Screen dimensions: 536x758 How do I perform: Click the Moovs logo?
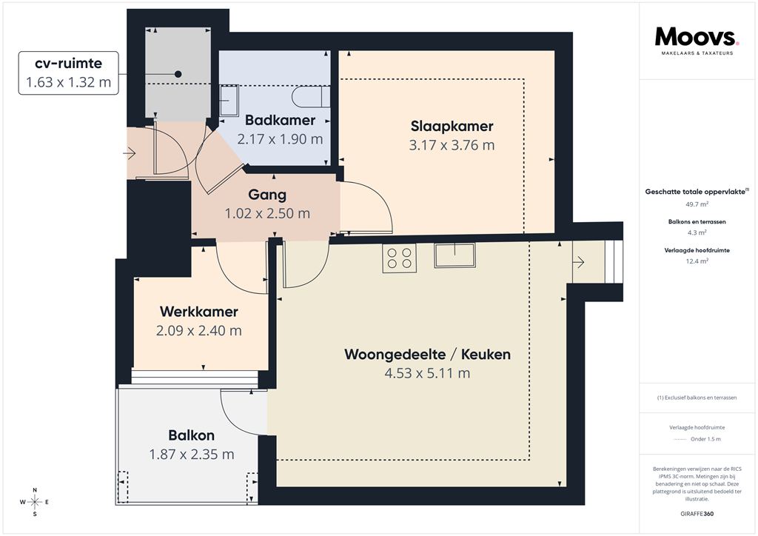[x=697, y=38]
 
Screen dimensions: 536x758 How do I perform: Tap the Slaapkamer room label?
[x=452, y=126]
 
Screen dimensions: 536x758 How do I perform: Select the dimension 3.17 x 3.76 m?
[x=452, y=145]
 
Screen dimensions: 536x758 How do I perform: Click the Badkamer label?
[x=280, y=120]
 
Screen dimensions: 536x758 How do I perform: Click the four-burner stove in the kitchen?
[x=400, y=258]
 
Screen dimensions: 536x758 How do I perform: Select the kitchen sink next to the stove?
[x=455, y=255]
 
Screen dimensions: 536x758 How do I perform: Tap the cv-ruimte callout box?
[x=68, y=73]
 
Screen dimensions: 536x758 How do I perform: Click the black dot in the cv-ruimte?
[x=178, y=74]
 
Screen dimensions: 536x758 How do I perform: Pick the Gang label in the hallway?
[x=267, y=195]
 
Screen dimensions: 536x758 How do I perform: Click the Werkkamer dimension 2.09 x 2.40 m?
[x=198, y=330]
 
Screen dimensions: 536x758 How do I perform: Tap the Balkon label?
[x=191, y=435]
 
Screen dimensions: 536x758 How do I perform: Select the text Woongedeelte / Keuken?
[x=427, y=355]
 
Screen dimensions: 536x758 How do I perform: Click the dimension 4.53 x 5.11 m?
[x=427, y=373]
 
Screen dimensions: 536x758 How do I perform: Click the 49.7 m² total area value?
[x=697, y=204]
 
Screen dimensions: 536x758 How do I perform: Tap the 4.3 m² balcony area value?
[x=697, y=232]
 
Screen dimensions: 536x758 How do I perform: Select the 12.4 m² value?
[x=697, y=261]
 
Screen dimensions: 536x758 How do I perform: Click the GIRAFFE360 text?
[x=697, y=514]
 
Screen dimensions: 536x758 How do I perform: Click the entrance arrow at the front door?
[x=130, y=153]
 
